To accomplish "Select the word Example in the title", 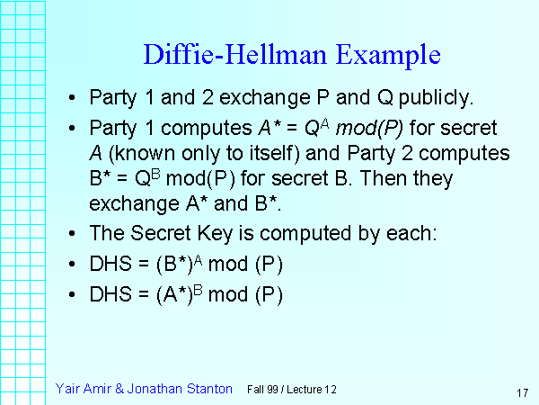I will point(388,55).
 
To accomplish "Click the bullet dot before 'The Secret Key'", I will point(72,234).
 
